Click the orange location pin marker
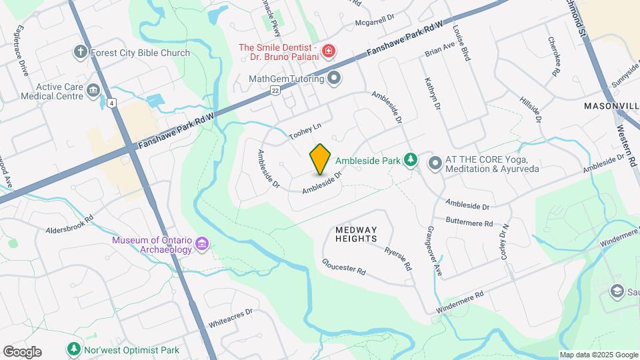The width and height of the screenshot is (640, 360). pos(320,159)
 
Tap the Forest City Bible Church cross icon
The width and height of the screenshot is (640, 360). pos(81,53)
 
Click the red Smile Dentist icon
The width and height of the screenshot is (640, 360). pos(328,51)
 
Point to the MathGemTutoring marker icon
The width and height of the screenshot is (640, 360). pos(334,79)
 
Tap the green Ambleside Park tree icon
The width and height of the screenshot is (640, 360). pos(411,160)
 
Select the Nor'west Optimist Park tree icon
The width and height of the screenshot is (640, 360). pos(73,349)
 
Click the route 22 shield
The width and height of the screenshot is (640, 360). pos(275,90)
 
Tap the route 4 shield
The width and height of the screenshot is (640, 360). pos(111,103)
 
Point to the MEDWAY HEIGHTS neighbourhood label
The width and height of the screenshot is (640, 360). pos(356,234)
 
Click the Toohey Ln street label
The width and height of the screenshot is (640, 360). pos(305,131)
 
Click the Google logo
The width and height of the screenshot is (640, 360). pos(22,352)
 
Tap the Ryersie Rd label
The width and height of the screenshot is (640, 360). pos(398,258)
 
